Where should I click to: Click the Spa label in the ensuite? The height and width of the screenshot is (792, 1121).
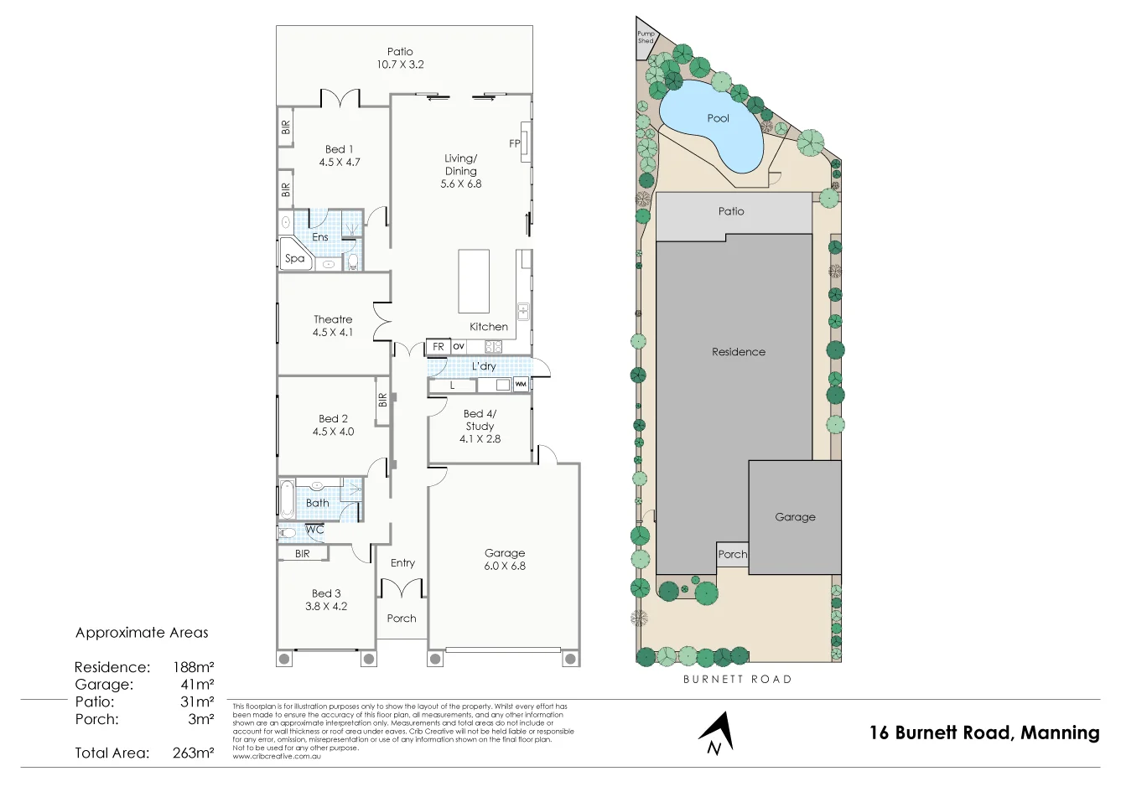tap(294, 258)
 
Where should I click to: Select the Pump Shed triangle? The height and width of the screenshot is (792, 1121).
tap(645, 39)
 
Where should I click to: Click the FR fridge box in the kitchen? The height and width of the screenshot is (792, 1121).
tap(439, 346)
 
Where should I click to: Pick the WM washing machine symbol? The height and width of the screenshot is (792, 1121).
tap(521, 385)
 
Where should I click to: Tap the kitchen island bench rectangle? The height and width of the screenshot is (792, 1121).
tap(474, 281)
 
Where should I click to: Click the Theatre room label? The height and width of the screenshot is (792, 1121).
tap(333, 319)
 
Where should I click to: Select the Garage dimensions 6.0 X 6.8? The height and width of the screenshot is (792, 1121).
tap(505, 566)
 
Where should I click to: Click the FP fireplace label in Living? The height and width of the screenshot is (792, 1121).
tap(515, 143)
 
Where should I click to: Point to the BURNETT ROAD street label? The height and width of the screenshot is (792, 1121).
tap(737, 679)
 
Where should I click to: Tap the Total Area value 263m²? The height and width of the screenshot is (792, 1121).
tap(193, 753)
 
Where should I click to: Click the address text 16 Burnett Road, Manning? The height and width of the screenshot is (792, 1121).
tap(984, 732)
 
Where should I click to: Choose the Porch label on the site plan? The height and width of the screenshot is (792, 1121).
tap(732, 554)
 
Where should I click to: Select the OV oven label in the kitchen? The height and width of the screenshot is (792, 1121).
tap(459, 346)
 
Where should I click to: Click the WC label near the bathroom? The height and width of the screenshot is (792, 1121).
tap(314, 530)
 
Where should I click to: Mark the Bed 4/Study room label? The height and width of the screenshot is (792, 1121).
tap(480, 420)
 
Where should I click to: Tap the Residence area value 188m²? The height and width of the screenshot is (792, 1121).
tap(193, 667)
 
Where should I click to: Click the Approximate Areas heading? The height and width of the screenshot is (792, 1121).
tap(142, 633)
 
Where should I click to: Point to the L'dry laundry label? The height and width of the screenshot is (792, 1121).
tap(484, 366)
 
